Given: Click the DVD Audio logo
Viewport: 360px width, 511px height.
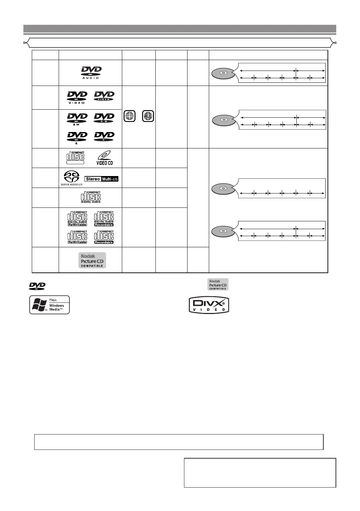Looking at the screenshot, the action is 91,73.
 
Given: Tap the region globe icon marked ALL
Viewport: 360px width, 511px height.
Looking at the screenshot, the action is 148,116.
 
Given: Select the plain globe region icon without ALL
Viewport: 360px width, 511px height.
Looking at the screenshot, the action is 130,116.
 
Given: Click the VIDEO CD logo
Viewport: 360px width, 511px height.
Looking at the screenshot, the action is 104,158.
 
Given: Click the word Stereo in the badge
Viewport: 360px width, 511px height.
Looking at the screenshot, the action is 93,179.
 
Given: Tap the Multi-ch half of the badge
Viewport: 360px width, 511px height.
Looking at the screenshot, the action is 110,179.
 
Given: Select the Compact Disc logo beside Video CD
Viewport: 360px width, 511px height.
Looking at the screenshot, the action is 75,158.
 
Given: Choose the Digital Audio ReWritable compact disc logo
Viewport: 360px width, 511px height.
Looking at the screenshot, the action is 77,218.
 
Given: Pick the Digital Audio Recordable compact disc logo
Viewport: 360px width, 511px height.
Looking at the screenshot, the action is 104,218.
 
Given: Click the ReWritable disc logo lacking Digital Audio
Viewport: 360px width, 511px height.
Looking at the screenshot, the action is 77,237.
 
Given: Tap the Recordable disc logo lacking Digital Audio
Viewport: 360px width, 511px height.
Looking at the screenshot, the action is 104,237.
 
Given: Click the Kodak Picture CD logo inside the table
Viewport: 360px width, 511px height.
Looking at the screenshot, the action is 92,261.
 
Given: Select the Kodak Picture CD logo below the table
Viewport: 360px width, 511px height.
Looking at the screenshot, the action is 218,284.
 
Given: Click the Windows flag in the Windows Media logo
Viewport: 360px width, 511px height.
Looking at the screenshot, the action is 39,305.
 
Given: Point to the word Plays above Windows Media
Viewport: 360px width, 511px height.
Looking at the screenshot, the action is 53,300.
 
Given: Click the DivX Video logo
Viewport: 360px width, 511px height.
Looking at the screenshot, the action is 209,305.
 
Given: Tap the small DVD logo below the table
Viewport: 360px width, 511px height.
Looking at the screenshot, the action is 37,286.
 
